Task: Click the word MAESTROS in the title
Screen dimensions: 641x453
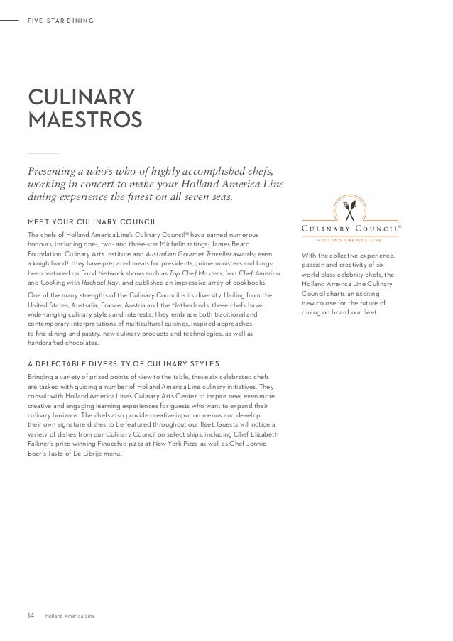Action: click(84, 119)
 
